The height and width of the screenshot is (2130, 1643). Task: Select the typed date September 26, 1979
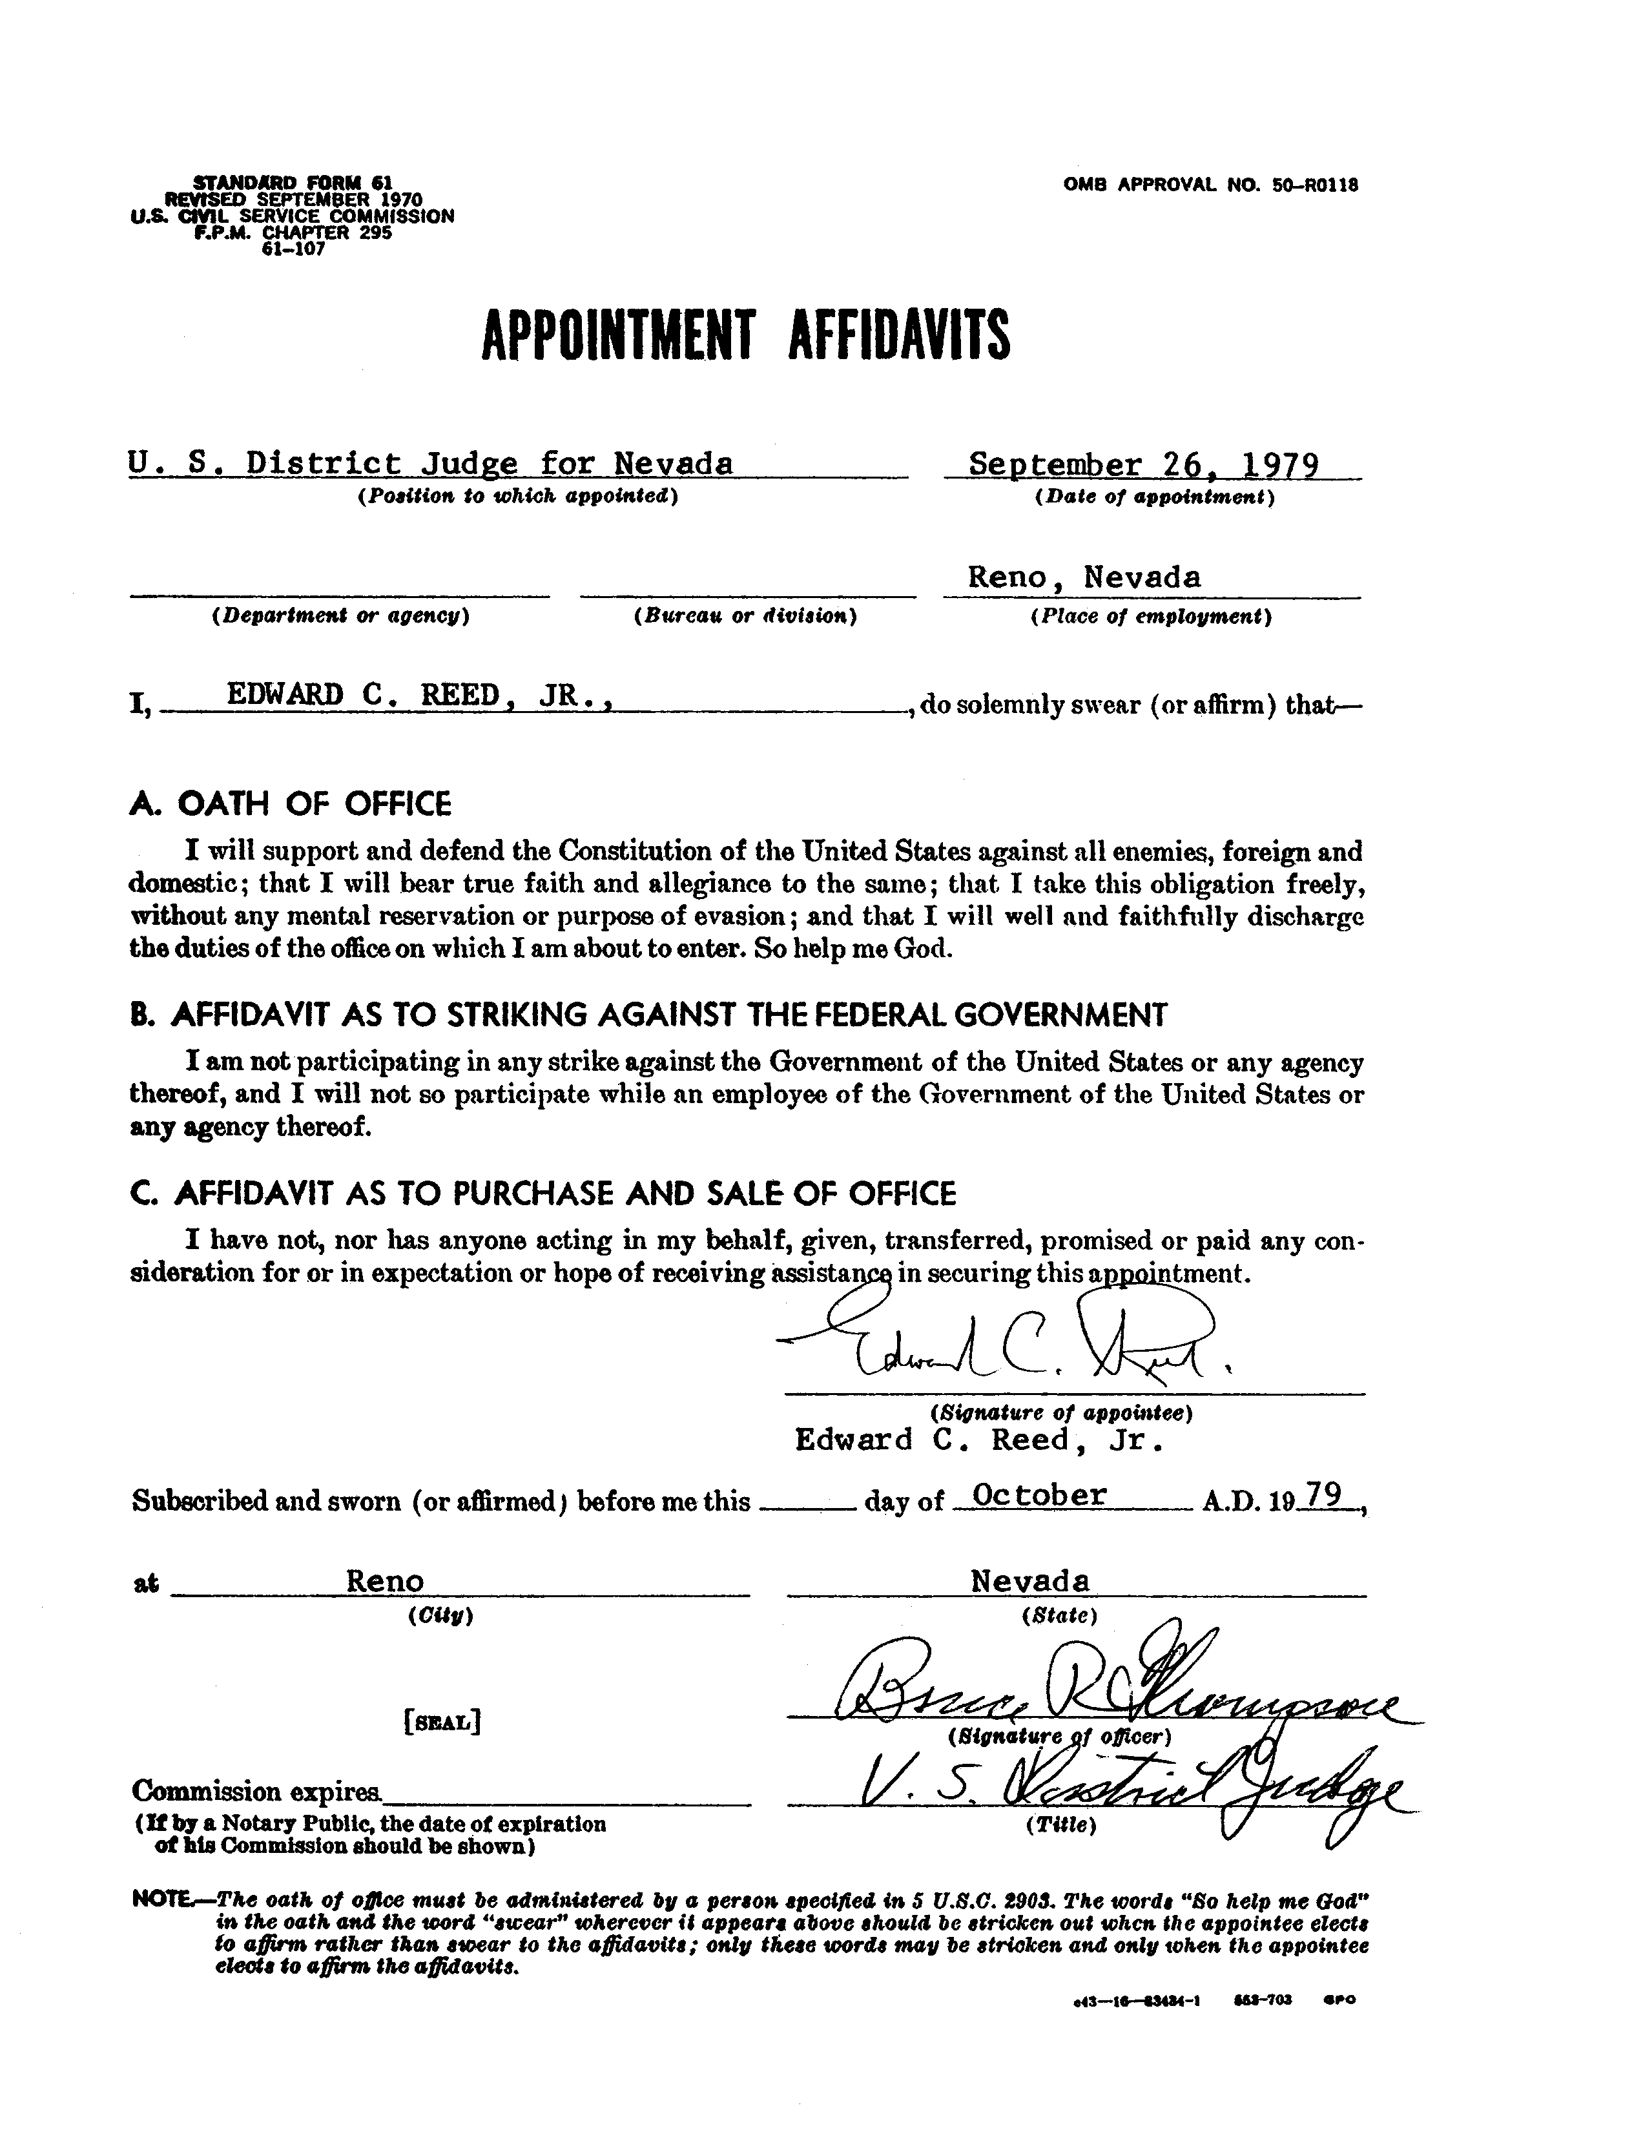[1144, 464]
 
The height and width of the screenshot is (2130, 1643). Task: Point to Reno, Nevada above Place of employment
[1083, 577]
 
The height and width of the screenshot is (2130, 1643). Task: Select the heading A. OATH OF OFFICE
[289, 805]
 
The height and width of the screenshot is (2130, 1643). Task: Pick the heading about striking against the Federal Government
[648, 1015]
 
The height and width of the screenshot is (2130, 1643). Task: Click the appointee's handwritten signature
[1004, 1339]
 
